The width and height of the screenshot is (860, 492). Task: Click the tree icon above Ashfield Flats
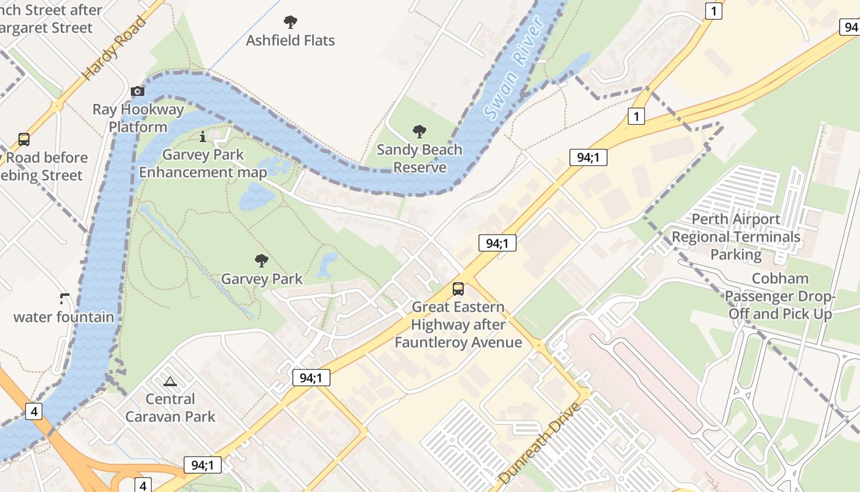pos(291,23)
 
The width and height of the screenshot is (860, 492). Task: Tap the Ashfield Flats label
pos(291,41)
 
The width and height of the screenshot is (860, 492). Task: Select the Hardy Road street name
pos(115,47)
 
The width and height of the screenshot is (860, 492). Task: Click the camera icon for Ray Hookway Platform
pos(138,92)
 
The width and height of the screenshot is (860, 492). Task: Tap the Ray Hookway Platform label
pos(138,118)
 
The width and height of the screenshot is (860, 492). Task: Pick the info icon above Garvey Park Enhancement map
pos(203,137)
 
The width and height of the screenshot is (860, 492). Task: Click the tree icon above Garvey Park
pos(262,261)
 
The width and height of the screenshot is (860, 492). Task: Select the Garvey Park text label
pos(262,279)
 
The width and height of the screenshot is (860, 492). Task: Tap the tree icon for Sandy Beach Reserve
pos(420,131)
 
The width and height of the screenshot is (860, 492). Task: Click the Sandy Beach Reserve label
pos(420,159)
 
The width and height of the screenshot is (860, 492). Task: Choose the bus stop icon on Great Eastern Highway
pos(458,289)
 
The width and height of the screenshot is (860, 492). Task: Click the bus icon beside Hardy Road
pos(24,139)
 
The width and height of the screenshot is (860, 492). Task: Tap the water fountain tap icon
pos(64,300)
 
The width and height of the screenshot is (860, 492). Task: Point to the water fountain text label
pos(64,317)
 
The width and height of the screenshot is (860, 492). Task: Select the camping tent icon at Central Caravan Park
pos(170,381)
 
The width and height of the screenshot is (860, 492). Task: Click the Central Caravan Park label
pos(170,408)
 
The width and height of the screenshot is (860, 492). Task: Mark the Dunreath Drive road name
pos(540,443)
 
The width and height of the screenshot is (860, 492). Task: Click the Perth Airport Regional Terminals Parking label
pos(736,237)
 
